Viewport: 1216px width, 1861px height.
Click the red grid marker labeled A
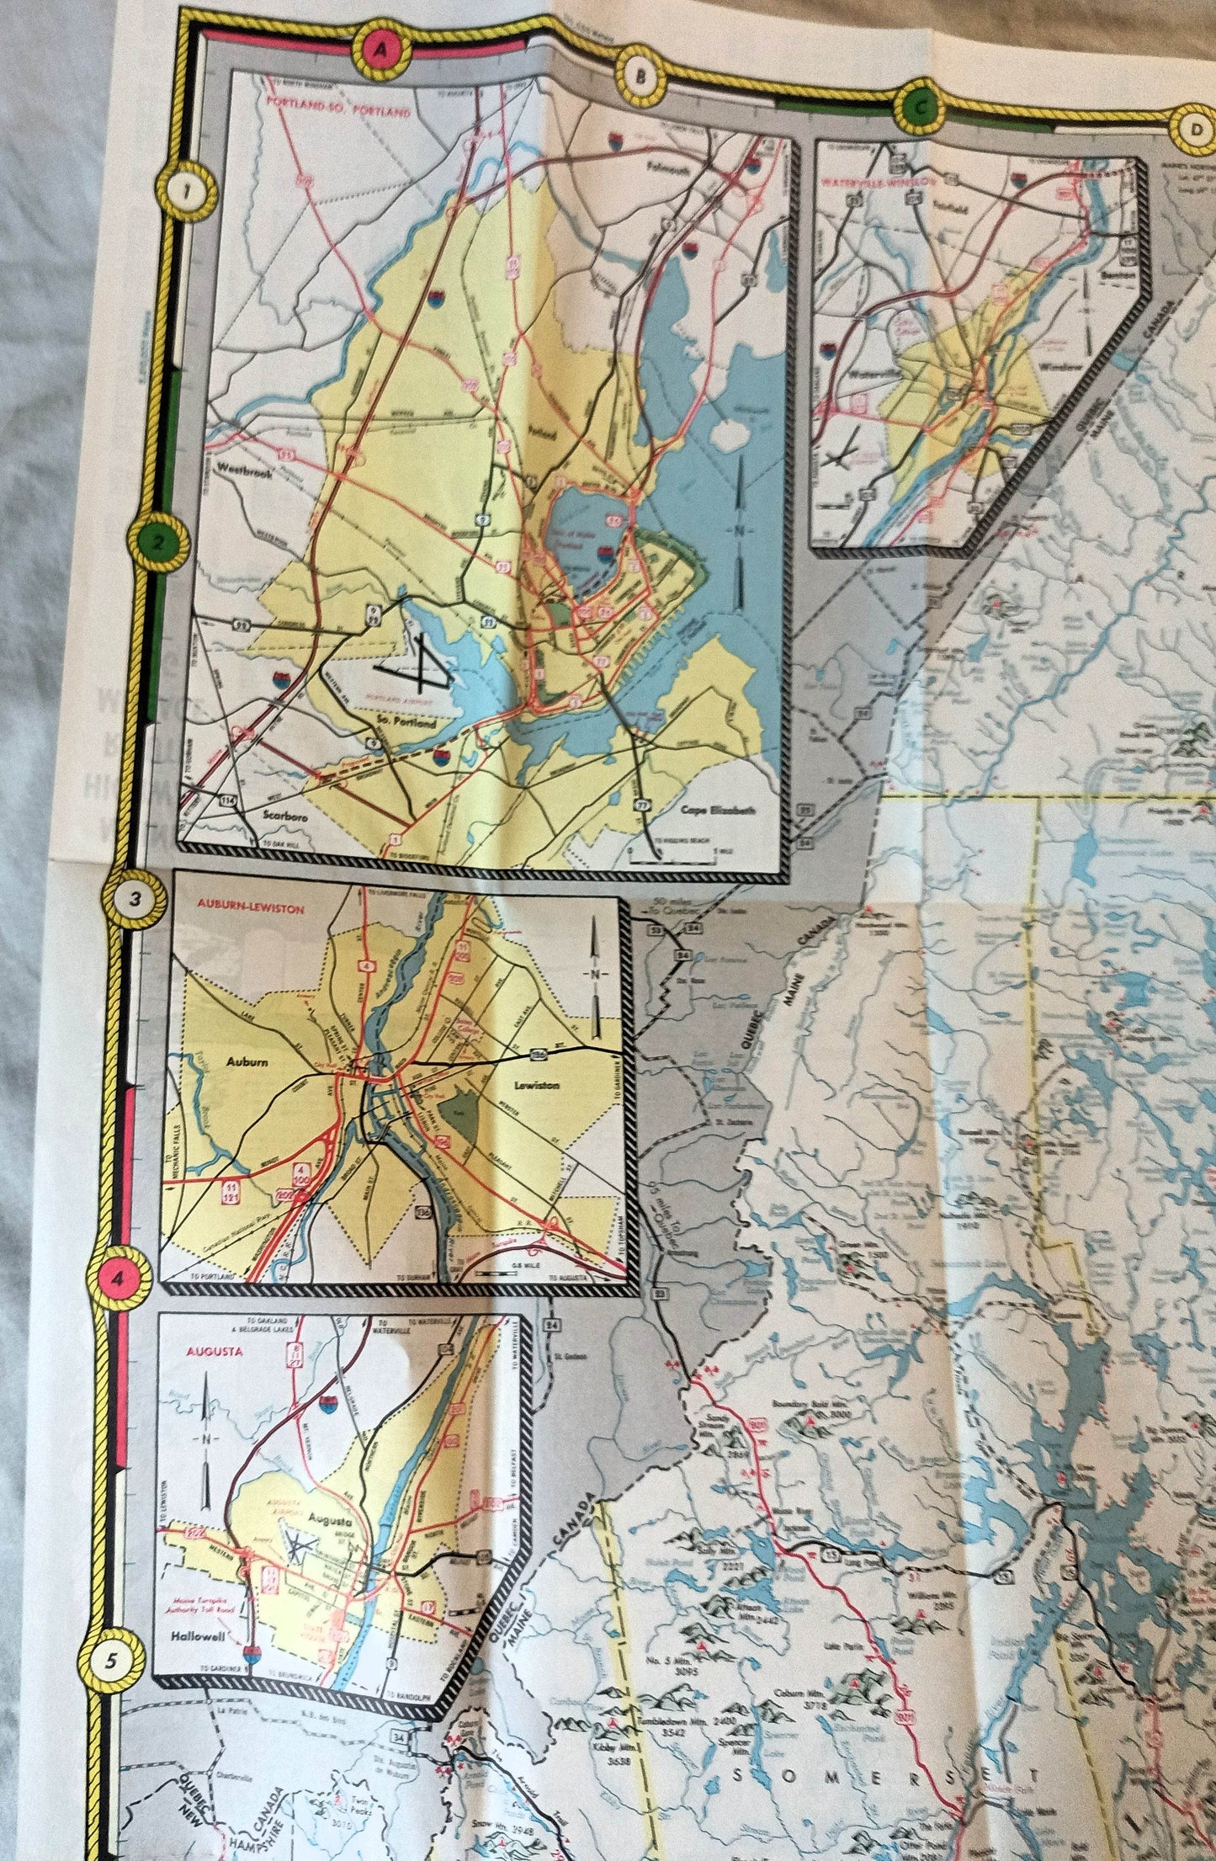coord(382,50)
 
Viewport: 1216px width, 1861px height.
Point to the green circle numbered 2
coord(157,544)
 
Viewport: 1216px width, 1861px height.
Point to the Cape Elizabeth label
coord(718,811)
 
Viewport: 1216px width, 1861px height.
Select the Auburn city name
coord(247,1061)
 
